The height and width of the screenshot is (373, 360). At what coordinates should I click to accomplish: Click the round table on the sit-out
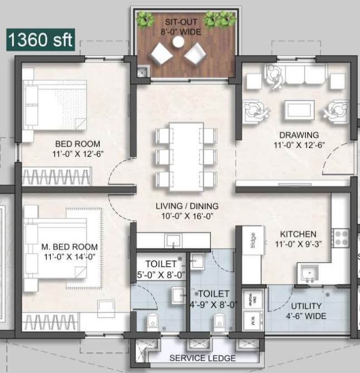click(x=179, y=42)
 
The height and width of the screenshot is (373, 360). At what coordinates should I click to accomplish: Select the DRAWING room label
click(x=299, y=135)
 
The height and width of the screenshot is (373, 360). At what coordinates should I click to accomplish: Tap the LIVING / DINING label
click(x=187, y=206)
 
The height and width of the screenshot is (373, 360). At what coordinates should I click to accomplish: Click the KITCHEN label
click(x=298, y=234)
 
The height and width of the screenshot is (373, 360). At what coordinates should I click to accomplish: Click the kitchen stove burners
click(x=340, y=239)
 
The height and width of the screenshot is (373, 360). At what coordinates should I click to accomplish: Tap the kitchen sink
click(x=308, y=273)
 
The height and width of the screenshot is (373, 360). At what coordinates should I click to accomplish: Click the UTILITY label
click(x=307, y=306)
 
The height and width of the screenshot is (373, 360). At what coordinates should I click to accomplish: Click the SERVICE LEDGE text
click(x=202, y=358)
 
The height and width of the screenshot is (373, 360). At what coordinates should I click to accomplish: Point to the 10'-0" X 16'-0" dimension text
click(x=187, y=216)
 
